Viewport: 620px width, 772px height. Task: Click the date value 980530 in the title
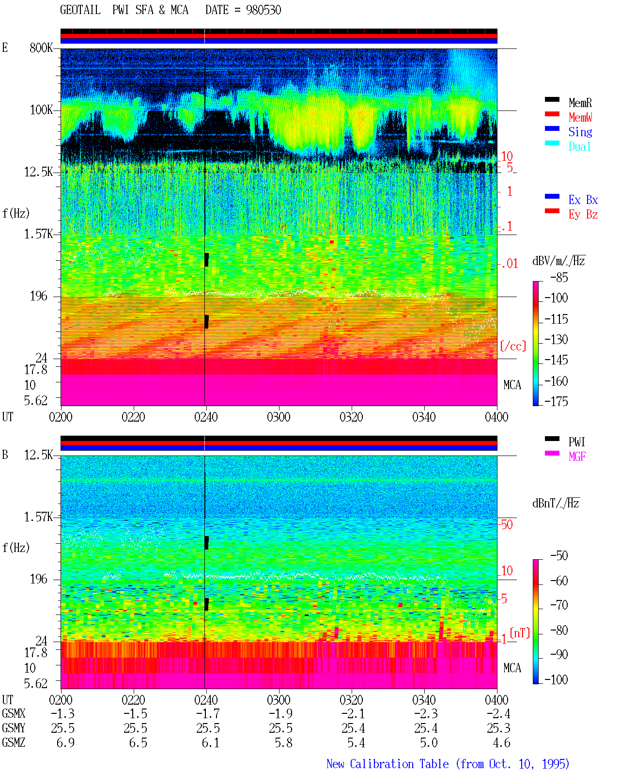tap(263, 10)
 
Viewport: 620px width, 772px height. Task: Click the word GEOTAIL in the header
tap(80, 10)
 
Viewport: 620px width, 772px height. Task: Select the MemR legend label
tap(580, 103)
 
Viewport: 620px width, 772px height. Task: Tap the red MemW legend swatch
tap(552, 114)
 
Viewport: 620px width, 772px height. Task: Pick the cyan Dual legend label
tap(580, 146)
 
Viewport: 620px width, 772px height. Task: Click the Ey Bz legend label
tap(583, 214)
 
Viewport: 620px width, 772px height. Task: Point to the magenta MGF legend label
tap(577, 457)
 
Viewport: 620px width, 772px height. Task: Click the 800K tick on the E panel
tap(41, 47)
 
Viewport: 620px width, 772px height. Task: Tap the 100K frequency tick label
tap(41, 110)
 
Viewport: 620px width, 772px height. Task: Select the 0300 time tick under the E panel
tap(279, 417)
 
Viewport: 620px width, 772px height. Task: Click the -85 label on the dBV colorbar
tap(559, 278)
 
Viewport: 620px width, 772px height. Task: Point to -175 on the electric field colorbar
tap(556, 401)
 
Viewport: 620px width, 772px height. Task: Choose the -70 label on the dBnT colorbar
tap(559, 605)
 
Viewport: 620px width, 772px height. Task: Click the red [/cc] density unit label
tap(513, 346)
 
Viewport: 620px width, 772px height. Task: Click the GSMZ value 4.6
tap(501, 742)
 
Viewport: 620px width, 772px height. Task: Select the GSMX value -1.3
tap(63, 713)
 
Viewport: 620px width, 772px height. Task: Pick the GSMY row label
tap(14, 728)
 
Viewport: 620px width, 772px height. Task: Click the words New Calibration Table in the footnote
tap(387, 764)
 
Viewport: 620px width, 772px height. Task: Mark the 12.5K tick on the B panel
tap(38, 455)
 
